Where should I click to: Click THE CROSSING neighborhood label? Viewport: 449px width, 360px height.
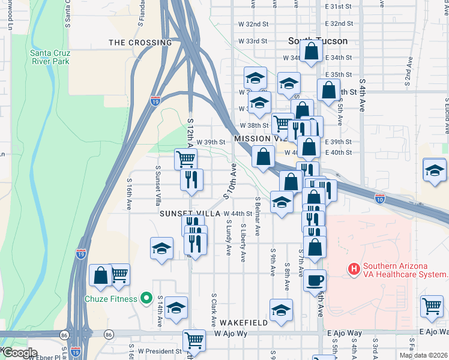(140, 43)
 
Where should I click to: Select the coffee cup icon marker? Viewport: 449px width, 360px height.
(314, 280)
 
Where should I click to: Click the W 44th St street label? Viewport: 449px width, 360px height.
(238, 214)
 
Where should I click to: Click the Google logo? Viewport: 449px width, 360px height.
(19, 353)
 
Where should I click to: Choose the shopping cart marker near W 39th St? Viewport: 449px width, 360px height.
(185, 159)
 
